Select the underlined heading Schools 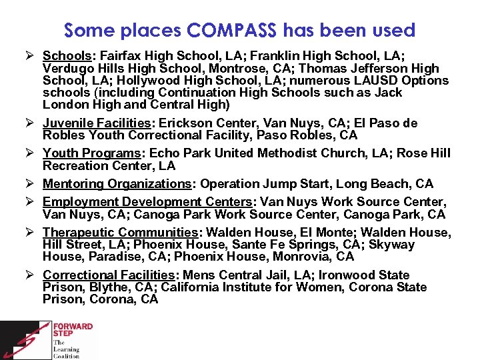click(x=65, y=55)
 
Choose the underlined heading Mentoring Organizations click(x=117, y=183)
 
